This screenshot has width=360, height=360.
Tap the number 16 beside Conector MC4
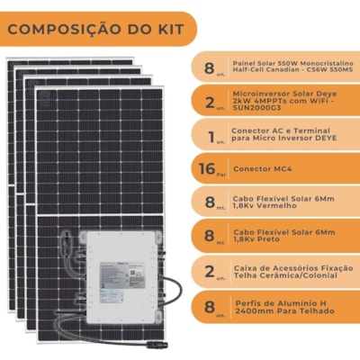207,168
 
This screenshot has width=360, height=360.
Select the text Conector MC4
263,169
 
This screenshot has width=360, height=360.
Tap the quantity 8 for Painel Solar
209,67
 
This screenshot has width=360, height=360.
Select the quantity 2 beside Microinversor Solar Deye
210,102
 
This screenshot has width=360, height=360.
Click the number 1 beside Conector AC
211,137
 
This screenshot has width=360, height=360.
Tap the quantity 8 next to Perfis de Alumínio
210,307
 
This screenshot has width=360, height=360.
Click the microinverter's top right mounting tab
157,238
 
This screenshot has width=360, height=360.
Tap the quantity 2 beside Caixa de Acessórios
210,272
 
